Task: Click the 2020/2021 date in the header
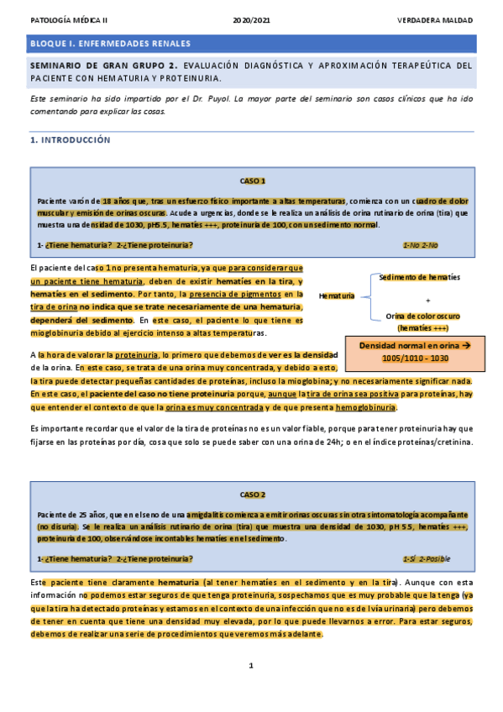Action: [x=251, y=18]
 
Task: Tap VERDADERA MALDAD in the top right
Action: [x=434, y=18]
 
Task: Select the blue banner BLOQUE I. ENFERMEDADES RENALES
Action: [x=251, y=44]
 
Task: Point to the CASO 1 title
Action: [x=252, y=181]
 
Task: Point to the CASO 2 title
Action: [x=252, y=495]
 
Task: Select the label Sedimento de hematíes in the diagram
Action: [x=419, y=277]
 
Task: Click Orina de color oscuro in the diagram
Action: [x=424, y=316]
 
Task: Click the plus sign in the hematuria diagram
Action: [x=427, y=299]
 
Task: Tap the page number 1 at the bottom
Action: [x=251, y=666]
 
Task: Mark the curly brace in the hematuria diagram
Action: [x=366, y=296]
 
